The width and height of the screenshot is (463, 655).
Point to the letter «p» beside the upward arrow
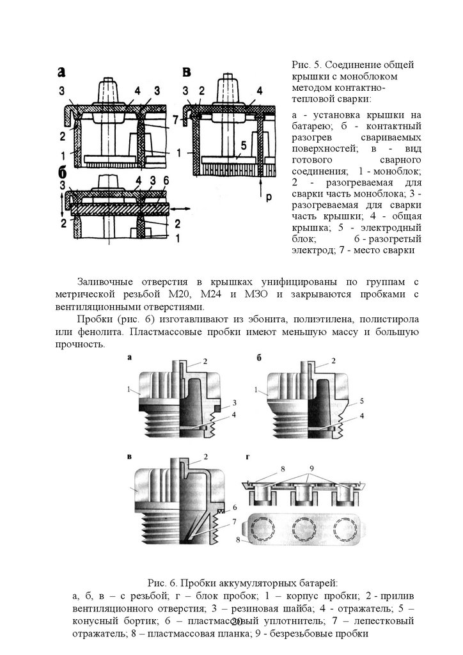(x=269, y=197)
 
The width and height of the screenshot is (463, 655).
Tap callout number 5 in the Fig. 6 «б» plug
(x=361, y=401)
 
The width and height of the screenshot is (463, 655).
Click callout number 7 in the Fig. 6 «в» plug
(x=235, y=521)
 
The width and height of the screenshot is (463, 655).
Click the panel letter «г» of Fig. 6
(x=247, y=458)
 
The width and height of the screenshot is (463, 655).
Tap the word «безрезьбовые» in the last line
(x=307, y=633)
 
